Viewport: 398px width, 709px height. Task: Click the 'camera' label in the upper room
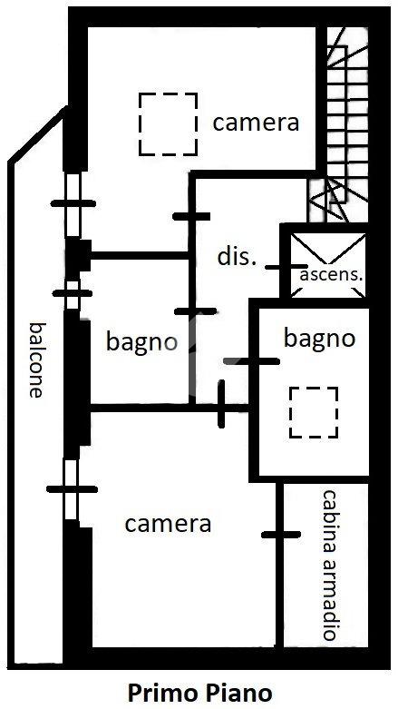[256, 123]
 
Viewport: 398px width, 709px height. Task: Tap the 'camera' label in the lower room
[168, 524]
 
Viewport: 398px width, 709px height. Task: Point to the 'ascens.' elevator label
[332, 275]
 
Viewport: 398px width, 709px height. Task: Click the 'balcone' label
[37, 359]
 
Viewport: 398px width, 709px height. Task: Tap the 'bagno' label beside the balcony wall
[141, 342]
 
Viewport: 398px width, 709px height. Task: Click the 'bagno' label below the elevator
[319, 339]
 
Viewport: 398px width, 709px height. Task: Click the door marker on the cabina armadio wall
[281, 535]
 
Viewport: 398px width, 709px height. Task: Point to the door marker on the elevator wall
[286, 267]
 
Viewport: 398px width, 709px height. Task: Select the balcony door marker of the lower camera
[72, 488]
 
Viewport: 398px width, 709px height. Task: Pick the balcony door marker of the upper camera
[73, 203]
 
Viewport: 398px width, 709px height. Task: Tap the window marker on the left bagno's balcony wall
[73, 293]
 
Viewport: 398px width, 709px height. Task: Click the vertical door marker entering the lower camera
[221, 404]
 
